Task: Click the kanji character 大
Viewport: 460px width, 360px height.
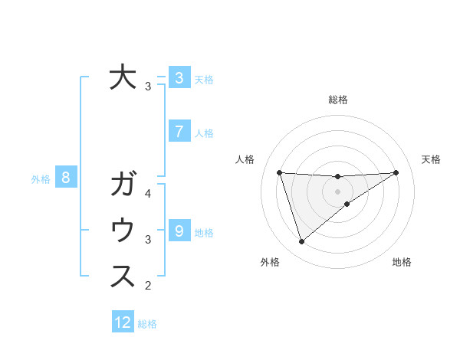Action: pos(123,77)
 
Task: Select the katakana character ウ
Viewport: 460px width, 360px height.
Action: pos(123,231)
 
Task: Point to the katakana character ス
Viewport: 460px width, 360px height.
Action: pos(123,277)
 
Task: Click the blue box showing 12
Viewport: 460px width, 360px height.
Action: pos(123,322)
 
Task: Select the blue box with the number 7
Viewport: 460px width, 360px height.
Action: pos(179,132)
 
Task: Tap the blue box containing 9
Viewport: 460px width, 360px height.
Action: pos(179,231)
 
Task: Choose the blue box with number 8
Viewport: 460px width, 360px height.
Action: pos(66,178)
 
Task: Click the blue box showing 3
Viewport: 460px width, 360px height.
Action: pos(179,77)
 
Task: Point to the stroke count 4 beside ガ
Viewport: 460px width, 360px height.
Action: pos(148,195)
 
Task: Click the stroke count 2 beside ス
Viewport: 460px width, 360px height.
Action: pos(148,286)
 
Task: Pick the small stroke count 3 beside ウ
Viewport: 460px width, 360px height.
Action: pos(148,240)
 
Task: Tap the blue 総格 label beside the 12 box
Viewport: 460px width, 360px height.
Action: pos(147,323)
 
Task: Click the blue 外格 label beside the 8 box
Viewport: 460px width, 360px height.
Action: pos(41,179)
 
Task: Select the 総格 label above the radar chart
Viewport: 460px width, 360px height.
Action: pos(337,100)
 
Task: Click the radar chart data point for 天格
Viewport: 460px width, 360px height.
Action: pos(396,172)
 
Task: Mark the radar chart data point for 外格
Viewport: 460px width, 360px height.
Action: pos(301,242)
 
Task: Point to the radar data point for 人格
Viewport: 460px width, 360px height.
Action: pos(279,172)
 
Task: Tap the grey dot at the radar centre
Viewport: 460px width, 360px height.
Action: pos(337,191)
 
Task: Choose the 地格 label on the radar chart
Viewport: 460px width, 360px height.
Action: pos(402,263)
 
